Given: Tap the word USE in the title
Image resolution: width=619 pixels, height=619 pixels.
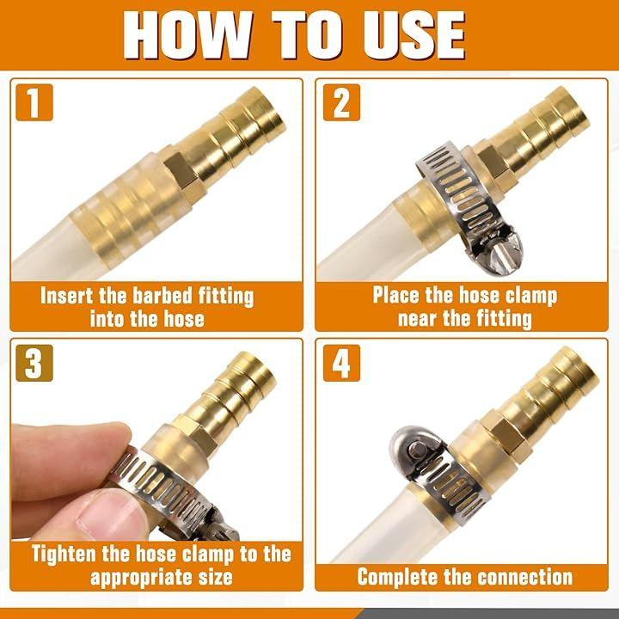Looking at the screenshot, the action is click(414, 35).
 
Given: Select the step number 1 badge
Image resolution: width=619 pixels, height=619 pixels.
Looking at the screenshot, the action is click(34, 102).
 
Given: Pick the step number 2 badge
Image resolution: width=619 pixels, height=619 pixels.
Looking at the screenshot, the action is click(341, 102).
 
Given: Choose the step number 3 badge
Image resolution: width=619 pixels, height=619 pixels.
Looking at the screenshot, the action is click(34, 363).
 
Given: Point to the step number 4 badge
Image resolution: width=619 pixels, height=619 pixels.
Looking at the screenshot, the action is click(341, 363).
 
